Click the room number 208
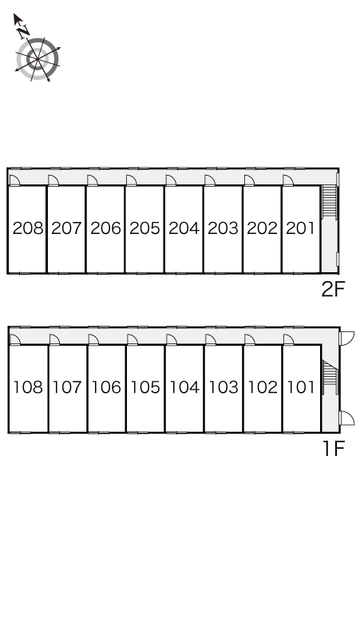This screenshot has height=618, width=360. (28, 228)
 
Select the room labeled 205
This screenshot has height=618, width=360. (145, 228)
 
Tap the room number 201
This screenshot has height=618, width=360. (300, 228)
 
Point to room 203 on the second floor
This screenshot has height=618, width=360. (223, 228)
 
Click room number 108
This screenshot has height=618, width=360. (28, 387)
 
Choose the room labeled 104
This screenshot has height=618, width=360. (184, 387)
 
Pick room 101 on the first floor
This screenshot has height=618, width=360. (301, 387)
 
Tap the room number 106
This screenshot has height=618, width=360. (106, 387)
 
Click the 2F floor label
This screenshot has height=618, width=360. (333, 290)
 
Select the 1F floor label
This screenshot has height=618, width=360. (334, 448)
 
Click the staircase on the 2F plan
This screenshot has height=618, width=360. (330, 201)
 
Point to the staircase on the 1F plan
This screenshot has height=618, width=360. (330, 378)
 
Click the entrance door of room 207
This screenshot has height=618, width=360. (53, 180)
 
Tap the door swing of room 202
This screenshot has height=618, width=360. (249, 180)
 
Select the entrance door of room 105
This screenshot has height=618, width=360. (133, 339)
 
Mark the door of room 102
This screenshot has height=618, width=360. (250, 339)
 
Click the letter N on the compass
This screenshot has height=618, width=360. (24, 31)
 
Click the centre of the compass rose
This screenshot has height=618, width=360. (38, 59)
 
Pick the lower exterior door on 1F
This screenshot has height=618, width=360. (347, 418)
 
